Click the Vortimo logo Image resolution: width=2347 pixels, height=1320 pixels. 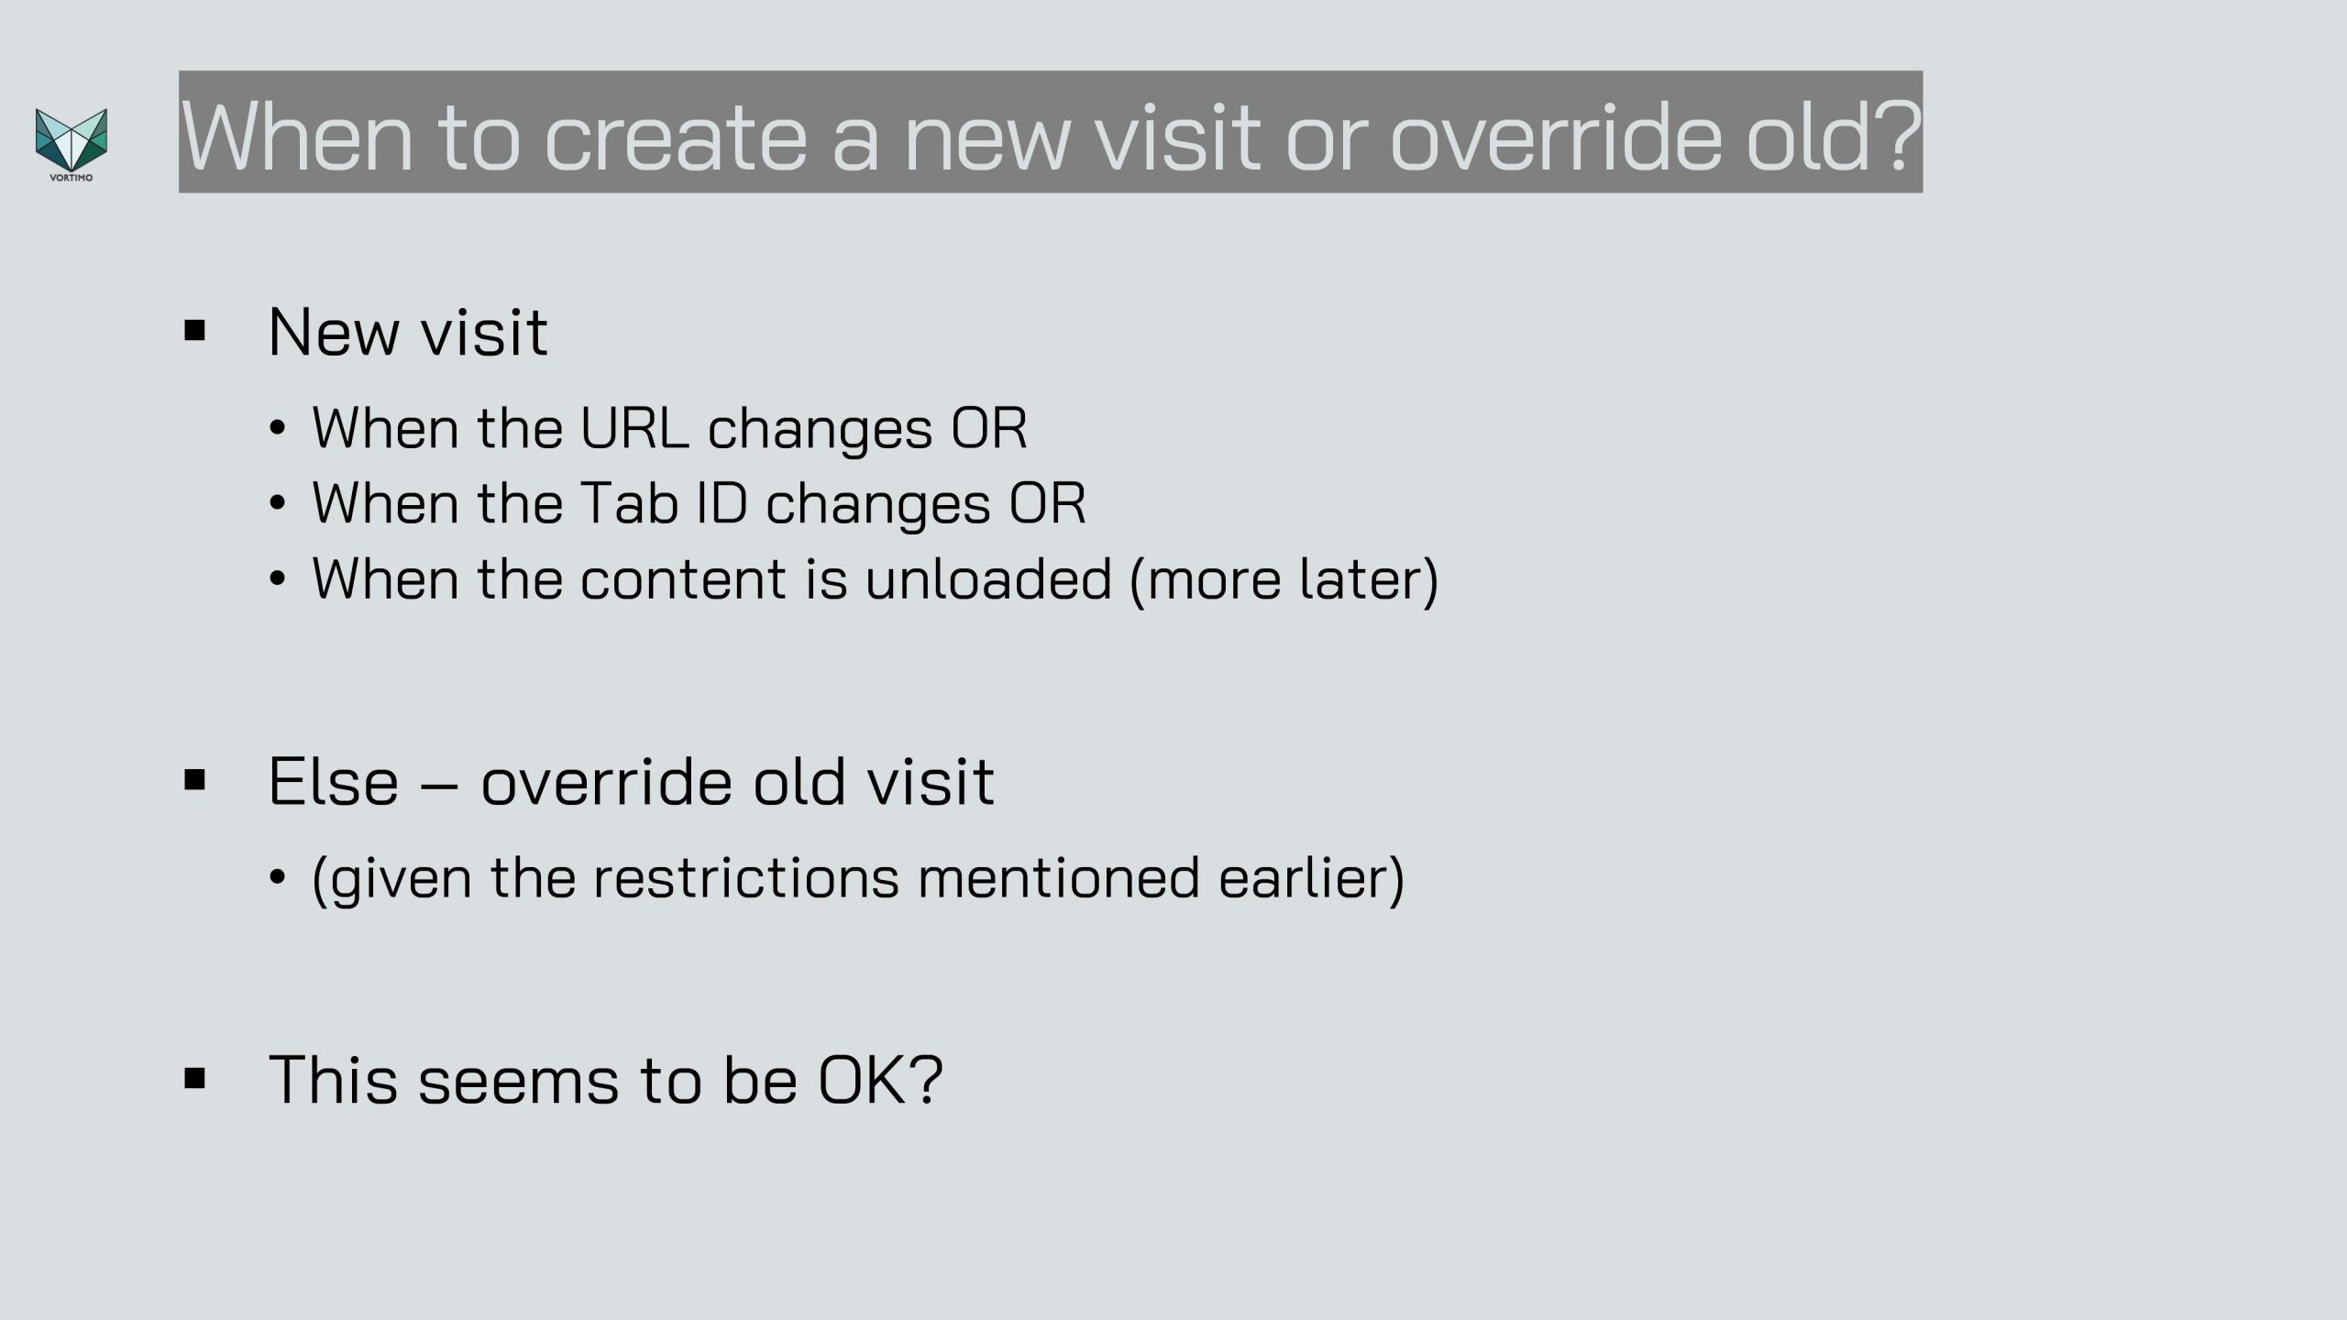click(72, 145)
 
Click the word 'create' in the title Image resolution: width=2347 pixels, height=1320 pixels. click(676, 137)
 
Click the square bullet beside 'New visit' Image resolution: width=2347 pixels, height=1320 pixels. click(194, 330)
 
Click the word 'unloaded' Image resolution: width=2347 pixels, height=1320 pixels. click(988, 578)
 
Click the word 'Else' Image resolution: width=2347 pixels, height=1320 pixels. click(334, 781)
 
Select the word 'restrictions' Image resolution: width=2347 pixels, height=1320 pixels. click(745, 877)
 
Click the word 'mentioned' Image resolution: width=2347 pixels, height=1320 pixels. click(1058, 877)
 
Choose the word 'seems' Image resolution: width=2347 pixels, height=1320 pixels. click(518, 1082)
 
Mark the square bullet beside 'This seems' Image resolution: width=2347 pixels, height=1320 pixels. click(194, 1078)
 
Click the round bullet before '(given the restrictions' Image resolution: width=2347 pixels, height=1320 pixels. click(278, 878)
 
